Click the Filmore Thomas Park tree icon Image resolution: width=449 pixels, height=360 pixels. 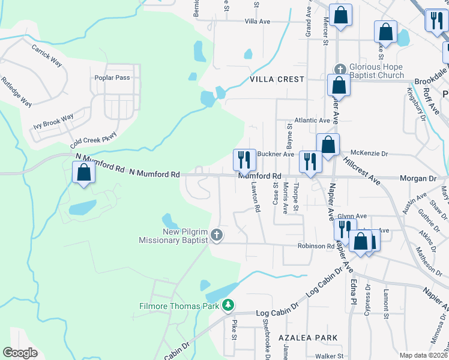click(228, 306)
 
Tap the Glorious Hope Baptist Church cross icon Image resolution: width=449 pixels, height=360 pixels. click(339, 69)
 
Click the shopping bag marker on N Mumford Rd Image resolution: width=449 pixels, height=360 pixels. click(83, 172)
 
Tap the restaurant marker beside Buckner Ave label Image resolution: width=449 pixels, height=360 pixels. click(244, 159)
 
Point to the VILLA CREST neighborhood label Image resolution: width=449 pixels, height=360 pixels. click(277, 79)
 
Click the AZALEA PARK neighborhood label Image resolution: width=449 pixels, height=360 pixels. click(308, 338)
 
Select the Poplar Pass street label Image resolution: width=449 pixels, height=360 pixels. click(112, 78)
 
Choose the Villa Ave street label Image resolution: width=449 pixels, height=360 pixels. click(258, 21)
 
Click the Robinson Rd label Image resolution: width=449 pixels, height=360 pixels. click(315, 246)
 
